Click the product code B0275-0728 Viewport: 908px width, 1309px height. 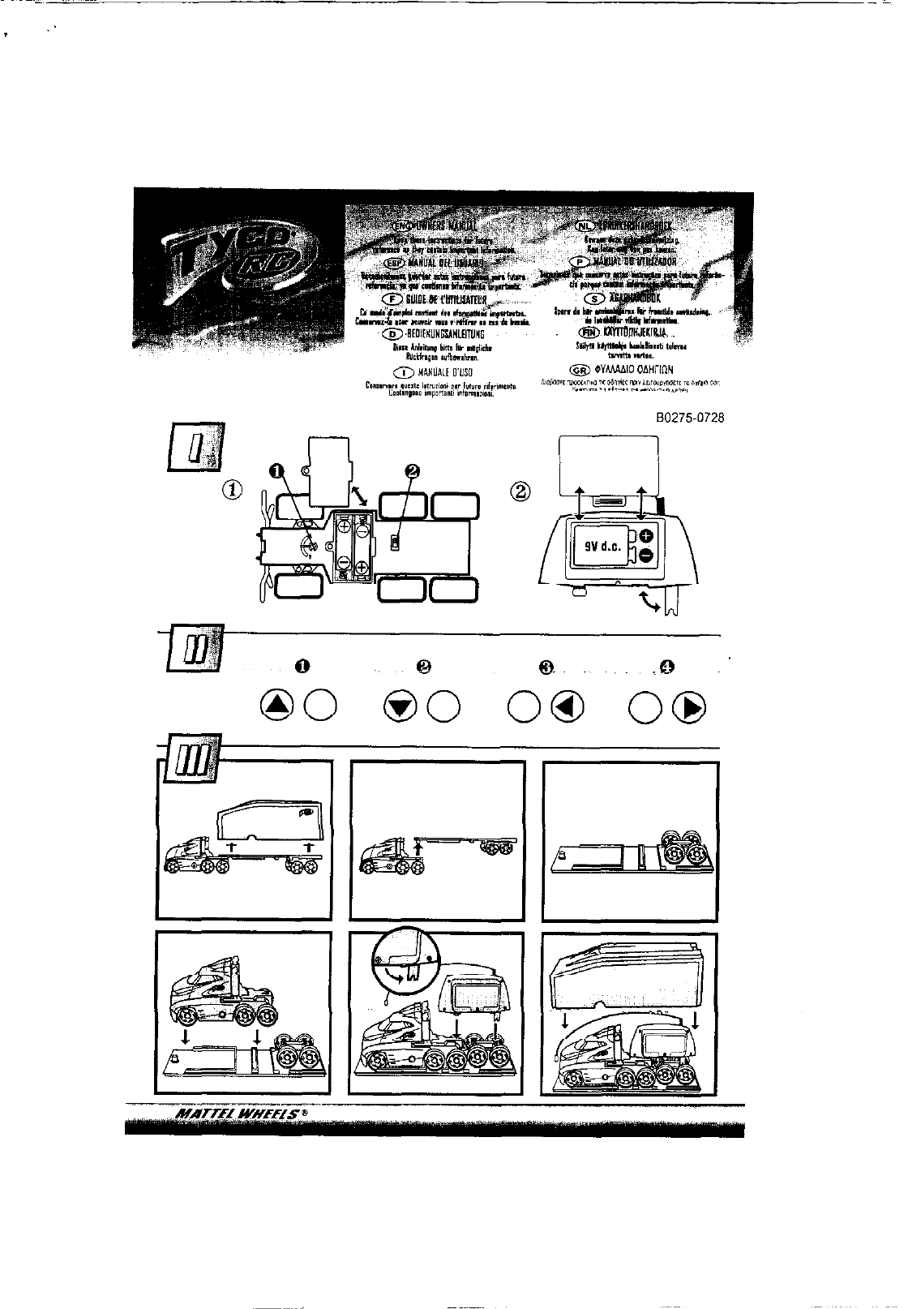[x=691, y=418]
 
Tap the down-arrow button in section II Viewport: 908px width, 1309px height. [x=398, y=708]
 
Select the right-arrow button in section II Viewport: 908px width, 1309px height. [x=690, y=708]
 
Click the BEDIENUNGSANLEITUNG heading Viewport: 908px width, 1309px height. [x=438, y=333]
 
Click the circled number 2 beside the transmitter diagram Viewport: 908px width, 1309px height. [x=521, y=491]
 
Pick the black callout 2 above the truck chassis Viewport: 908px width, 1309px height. [x=412, y=470]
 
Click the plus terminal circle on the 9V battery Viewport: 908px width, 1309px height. [x=647, y=535]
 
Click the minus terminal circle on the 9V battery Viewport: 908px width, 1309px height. [x=647, y=556]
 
